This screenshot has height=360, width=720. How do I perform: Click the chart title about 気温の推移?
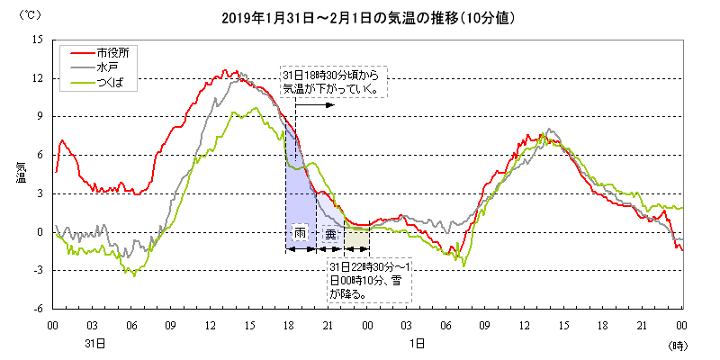[x=360, y=17]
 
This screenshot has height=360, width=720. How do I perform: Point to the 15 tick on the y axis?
[x=37, y=40]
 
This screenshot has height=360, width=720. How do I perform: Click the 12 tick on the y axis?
[x=37, y=79]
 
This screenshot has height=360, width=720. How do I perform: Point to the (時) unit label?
[x=677, y=345]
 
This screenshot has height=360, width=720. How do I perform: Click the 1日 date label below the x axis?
[x=417, y=344]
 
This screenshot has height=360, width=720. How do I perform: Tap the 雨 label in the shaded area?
[x=301, y=233]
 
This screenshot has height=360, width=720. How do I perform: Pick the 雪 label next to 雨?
[x=330, y=233]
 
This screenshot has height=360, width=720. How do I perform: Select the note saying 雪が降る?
[x=369, y=281]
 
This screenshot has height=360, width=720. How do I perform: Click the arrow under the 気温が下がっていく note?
[x=315, y=104]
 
